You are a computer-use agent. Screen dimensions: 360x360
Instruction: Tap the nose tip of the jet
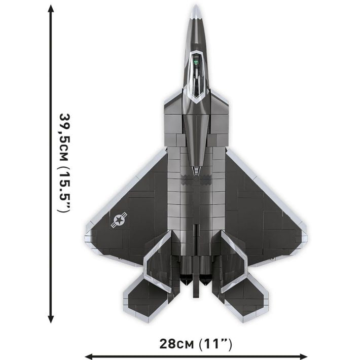pyautogui.click(x=196, y=7)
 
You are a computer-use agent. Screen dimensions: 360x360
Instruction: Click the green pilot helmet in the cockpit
pyautogui.click(x=195, y=63)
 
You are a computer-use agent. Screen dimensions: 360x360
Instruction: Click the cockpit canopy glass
pyautogui.click(x=196, y=76)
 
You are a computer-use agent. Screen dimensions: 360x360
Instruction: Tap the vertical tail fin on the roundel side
pyautogui.click(x=158, y=264)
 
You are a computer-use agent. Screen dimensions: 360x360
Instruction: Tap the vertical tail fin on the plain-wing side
pyautogui.click(x=233, y=264)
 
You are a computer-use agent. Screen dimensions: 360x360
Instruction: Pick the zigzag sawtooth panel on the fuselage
pyautogui.click(x=196, y=177)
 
